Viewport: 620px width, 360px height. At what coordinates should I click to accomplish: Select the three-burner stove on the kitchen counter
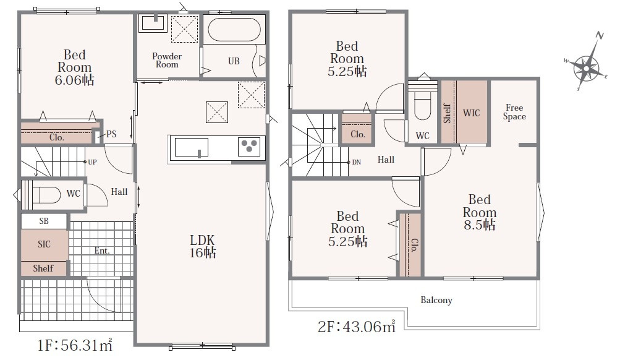[x=249, y=146]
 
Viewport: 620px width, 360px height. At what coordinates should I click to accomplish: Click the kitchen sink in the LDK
[x=192, y=147]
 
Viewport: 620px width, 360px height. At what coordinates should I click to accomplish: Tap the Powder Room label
[x=167, y=60]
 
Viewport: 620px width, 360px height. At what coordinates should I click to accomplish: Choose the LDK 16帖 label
[x=203, y=246]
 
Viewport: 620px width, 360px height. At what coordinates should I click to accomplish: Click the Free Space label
[x=514, y=112]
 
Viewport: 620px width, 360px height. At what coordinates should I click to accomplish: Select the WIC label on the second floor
[x=471, y=113]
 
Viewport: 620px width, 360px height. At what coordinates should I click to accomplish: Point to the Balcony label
[x=436, y=300]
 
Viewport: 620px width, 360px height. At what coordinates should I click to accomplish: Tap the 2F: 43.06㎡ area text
[x=357, y=327]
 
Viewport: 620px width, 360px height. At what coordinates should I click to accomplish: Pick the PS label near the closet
[x=111, y=134]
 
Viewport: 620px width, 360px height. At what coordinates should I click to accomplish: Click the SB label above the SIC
[x=44, y=221]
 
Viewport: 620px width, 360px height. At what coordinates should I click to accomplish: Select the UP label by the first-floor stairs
[x=92, y=162]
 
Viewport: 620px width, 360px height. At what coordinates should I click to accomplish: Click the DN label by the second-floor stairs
[x=356, y=162]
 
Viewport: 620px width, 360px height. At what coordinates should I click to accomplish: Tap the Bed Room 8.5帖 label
[x=479, y=212]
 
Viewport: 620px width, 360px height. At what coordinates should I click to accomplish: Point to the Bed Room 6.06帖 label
[x=74, y=67]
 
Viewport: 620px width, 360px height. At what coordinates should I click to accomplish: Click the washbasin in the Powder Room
[x=153, y=22]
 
